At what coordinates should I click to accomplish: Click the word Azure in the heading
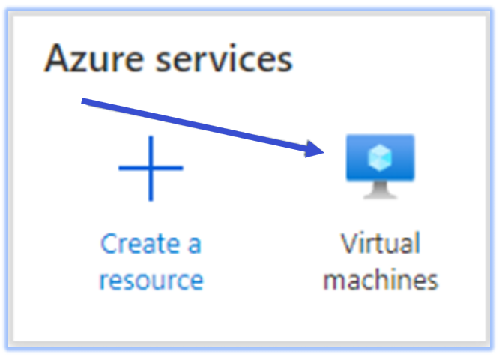point(94,58)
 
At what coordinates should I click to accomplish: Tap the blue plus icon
point(151,168)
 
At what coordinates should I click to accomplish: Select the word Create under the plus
point(140,244)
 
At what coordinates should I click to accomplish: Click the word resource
point(151,280)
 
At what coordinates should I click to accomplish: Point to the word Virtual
point(380,243)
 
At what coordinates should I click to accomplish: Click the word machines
point(381,279)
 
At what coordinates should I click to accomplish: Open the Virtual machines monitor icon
point(380,166)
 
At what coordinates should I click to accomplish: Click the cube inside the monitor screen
point(380,157)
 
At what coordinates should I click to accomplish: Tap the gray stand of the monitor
point(380,190)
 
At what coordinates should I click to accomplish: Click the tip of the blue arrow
point(324,152)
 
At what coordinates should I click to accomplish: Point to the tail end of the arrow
point(82,101)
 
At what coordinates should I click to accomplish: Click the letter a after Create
point(194,246)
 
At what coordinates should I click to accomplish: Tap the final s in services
point(285,62)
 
